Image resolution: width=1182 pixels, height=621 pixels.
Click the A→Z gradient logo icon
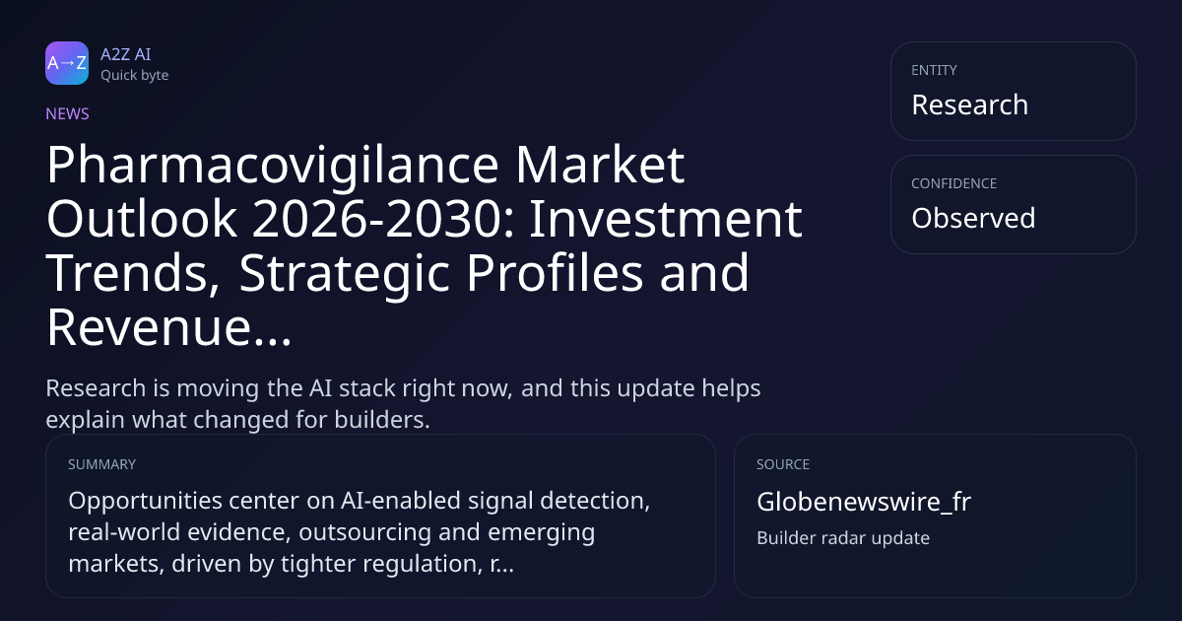click(67, 63)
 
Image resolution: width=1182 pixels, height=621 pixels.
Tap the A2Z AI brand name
click(126, 54)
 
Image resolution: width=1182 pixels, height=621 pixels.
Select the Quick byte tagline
click(135, 76)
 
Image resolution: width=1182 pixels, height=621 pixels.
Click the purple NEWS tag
click(68, 113)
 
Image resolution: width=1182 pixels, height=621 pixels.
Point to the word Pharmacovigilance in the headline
click(273, 167)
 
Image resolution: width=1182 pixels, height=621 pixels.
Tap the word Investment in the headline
click(666, 219)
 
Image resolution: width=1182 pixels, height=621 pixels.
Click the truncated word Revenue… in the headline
click(168, 327)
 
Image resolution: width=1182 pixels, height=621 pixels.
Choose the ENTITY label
click(934, 70)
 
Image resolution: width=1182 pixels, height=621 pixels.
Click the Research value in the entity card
click(970, 104)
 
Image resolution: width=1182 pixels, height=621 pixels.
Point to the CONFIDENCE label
click(954, 183)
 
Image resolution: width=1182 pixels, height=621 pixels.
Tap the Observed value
click(973, 218)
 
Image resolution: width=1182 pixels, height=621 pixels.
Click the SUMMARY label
click(101, 464)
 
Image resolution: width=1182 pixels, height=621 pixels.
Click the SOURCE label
click(783, 464)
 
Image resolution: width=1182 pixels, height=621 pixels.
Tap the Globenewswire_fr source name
click(864, 502)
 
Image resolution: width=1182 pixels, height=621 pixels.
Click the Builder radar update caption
click(843, 538)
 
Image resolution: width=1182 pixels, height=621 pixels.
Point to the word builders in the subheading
click(382, 420)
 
